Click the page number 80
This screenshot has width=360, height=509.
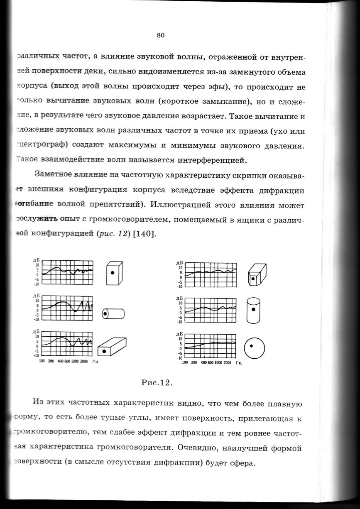point(161,35)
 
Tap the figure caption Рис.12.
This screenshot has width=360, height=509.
point(157,382)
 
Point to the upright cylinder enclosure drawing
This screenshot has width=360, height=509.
point(253,311)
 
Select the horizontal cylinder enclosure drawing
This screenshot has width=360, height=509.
point(113,313)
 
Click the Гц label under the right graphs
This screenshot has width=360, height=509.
point(239,362)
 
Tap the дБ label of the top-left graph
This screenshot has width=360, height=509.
point(35,260)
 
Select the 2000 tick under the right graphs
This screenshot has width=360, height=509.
point(227,362)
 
